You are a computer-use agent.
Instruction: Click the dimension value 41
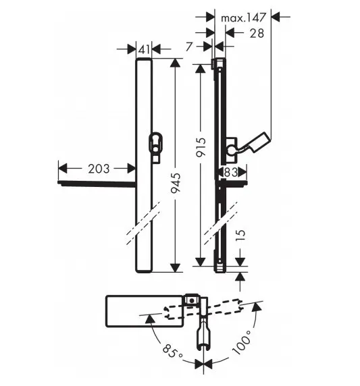point(143,49)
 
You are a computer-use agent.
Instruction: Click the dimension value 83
point(230,172)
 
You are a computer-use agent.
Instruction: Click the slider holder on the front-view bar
point(156,144)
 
